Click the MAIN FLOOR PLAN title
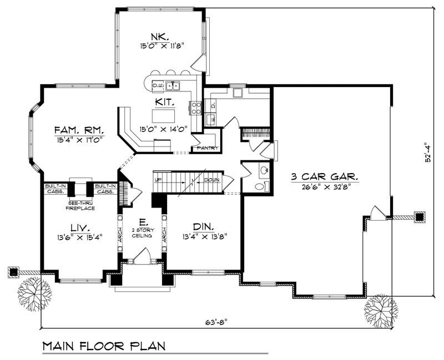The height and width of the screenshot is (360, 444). point(104,346)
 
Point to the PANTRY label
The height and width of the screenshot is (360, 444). point(204,148)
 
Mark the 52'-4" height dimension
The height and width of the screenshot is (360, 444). point(426,156)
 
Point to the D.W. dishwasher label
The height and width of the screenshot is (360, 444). point(157,86)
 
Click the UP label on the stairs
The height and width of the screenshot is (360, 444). point(158,180)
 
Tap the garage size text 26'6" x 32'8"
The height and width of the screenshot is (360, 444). point(325,186)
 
